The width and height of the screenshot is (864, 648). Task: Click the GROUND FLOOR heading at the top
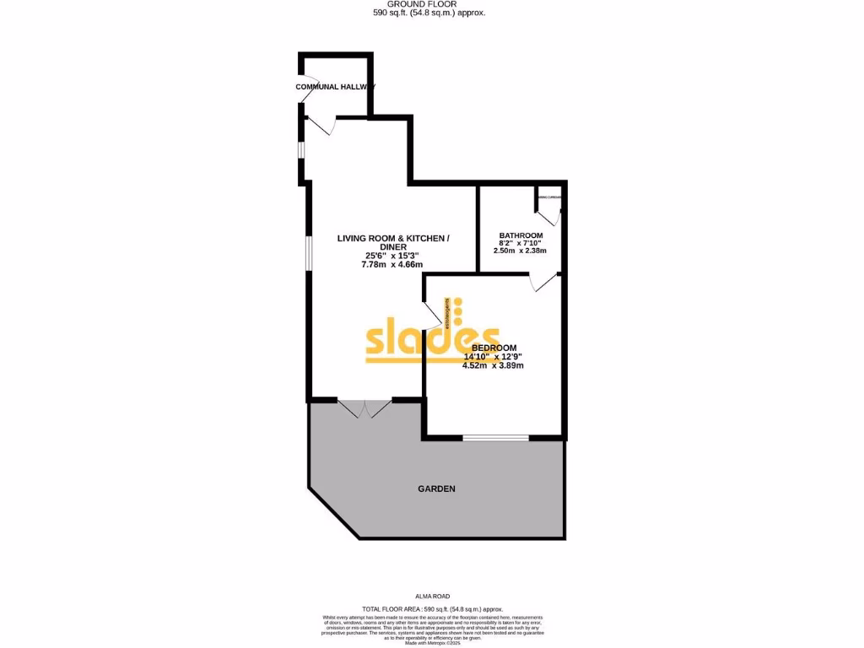(429, 4)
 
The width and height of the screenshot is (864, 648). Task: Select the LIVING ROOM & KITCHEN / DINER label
(392, 242)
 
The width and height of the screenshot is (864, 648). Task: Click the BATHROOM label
(521, 235)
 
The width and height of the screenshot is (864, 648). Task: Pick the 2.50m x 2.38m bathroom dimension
(520, 251)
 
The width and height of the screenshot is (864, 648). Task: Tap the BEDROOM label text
(494, 348)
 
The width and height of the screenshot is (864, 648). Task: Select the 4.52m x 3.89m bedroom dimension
(493, 366)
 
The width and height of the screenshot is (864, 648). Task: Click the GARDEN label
(437, 489)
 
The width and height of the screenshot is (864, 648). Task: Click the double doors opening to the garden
(364, 408)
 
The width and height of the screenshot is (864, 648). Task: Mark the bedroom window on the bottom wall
(495, 437)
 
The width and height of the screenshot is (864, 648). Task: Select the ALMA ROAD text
(432, 596)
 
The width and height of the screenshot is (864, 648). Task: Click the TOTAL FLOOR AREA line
(432, 609)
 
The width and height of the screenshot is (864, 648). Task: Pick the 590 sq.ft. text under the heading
(429, 13)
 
